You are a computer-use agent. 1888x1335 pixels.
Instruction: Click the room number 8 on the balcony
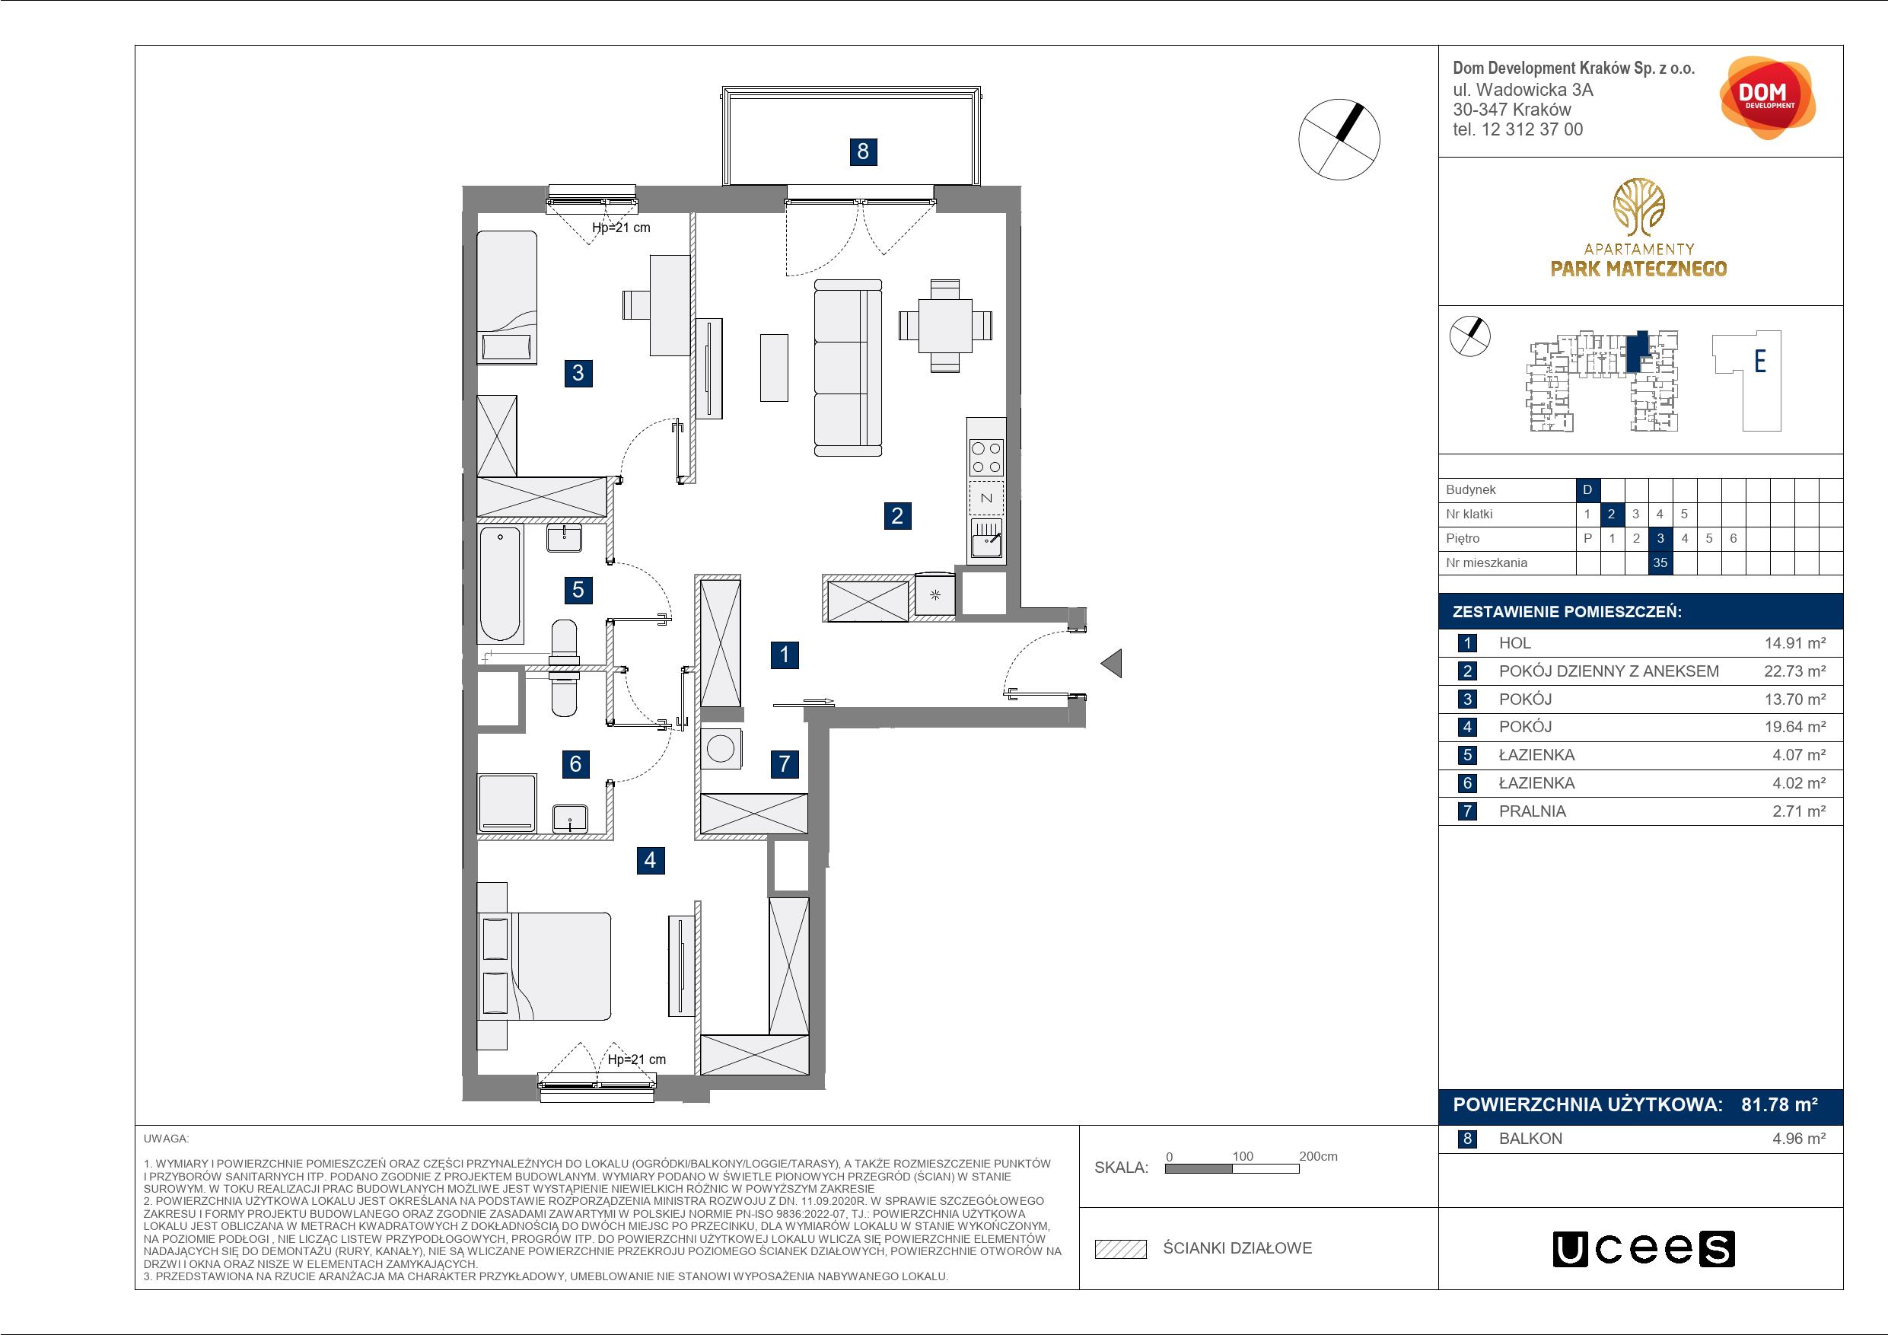point(863,151)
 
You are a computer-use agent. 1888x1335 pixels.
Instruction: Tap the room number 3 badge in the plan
point(578,373)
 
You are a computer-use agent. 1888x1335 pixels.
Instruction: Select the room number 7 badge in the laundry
point(785,763)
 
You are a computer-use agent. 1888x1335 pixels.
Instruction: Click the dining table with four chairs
point(945,326)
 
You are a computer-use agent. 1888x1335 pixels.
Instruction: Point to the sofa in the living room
point(848,367)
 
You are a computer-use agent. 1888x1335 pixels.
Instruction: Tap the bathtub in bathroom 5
point(501,584)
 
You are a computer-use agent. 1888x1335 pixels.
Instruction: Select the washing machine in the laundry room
point(721,748)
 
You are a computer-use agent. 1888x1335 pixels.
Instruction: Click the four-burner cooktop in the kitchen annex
point(987,458)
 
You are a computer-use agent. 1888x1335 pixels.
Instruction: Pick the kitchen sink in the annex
point(987,539)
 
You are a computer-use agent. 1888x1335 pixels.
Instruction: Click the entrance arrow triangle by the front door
point(1112,663)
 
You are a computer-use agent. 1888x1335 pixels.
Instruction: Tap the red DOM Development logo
point(1767,98)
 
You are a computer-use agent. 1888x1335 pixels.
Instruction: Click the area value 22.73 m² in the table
point(1795,671)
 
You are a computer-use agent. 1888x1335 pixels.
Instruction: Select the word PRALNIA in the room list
point(1533,811)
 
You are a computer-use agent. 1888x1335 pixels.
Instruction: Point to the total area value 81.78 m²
point(1779,1104)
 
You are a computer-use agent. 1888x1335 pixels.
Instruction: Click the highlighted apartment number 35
point(1660,562)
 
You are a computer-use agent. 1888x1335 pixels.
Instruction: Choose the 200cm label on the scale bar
point(1318,1156)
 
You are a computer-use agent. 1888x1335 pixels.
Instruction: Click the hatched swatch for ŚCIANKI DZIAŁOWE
point(1121,1249)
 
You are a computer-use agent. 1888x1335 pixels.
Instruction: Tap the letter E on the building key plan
point(1761,361)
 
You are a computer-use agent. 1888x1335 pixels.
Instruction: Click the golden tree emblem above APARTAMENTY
point(1639,207)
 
